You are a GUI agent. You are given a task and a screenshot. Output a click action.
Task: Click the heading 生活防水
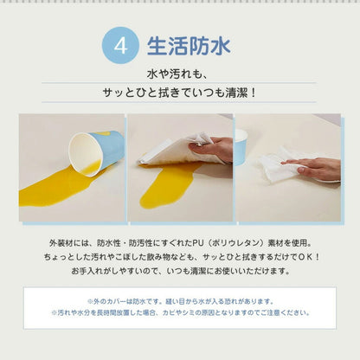(187, 47)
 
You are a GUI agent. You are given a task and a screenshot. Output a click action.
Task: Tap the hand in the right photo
(313, 168)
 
